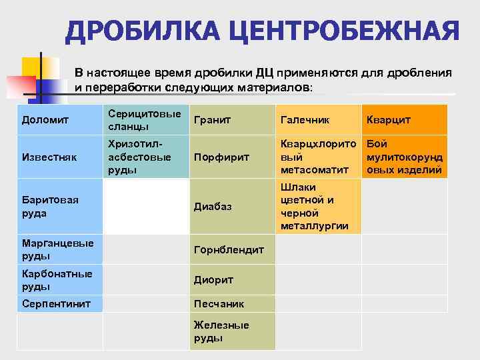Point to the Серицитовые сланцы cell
point(145,120)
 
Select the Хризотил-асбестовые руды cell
point(145,157)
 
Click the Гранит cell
point(231,120)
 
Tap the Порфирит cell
point(231,157)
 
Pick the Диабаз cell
point(231,206)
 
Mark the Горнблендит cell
point(231,249)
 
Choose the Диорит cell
point(231,280)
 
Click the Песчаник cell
point(231,303)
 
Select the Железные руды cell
point(231,331)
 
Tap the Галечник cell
point(317,120)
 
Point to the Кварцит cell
point(403,120)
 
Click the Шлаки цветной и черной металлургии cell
point(317,206)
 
